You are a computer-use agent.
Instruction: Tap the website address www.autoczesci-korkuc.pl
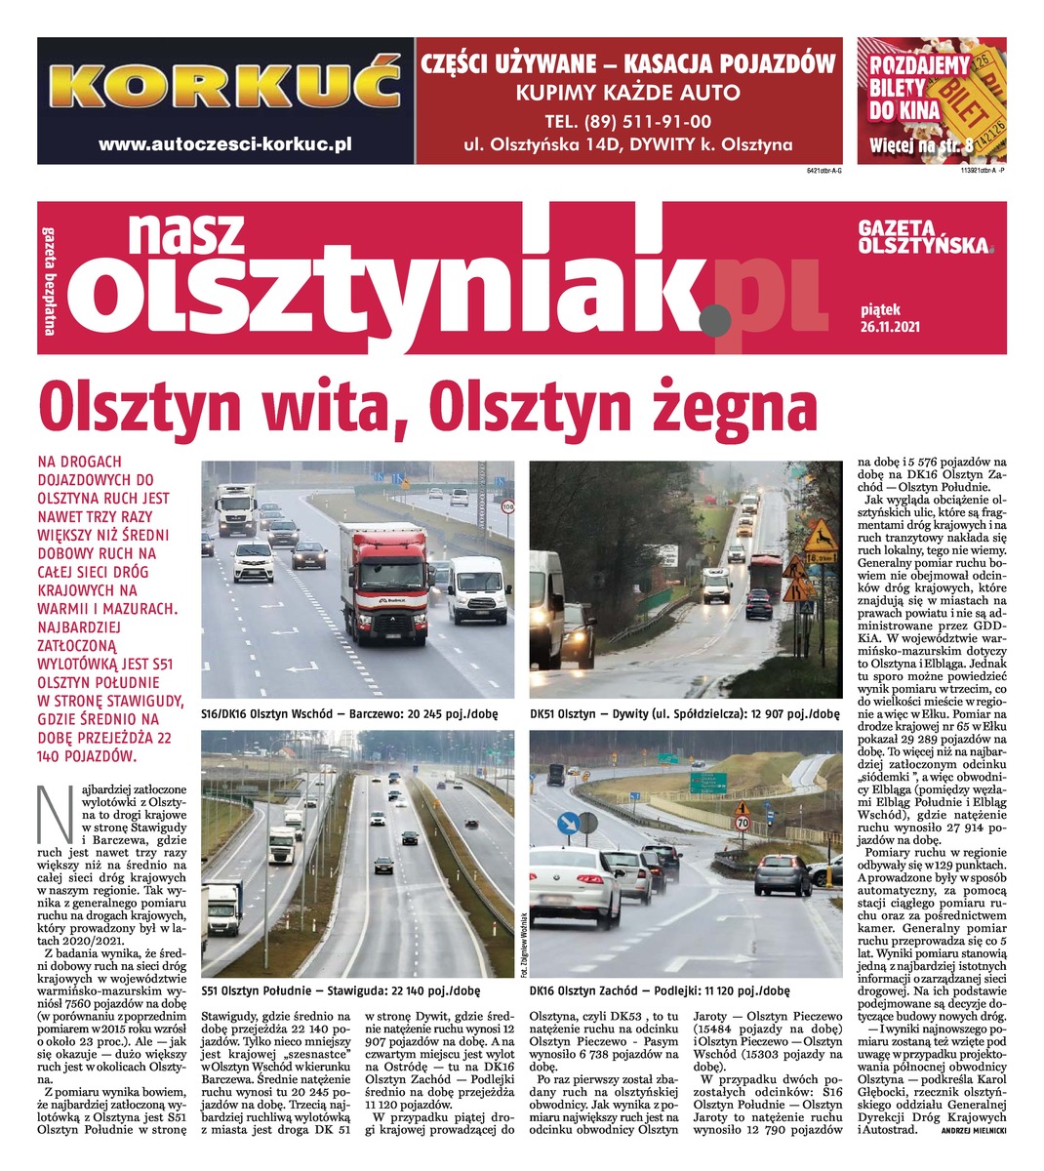point(224,143)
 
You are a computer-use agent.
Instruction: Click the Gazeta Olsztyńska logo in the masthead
point(924,236)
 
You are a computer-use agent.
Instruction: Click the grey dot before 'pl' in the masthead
point(715,317)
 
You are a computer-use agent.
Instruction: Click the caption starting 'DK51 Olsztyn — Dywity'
point(684,713)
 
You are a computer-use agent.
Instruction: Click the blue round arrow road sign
point(567,825)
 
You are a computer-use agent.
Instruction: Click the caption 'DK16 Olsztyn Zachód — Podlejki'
point(660,989)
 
